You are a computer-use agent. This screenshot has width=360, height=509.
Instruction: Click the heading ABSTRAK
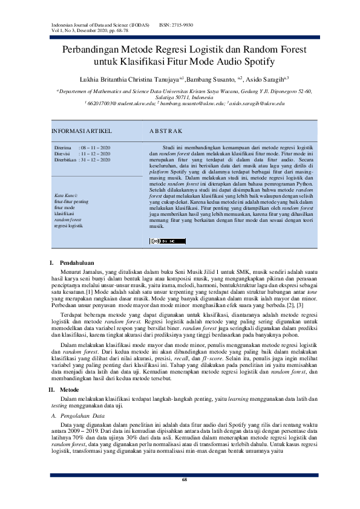point(165,131)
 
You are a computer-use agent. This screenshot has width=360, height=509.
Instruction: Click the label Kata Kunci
point(66,196)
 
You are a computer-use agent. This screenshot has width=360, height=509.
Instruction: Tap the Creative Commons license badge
point(159,240)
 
